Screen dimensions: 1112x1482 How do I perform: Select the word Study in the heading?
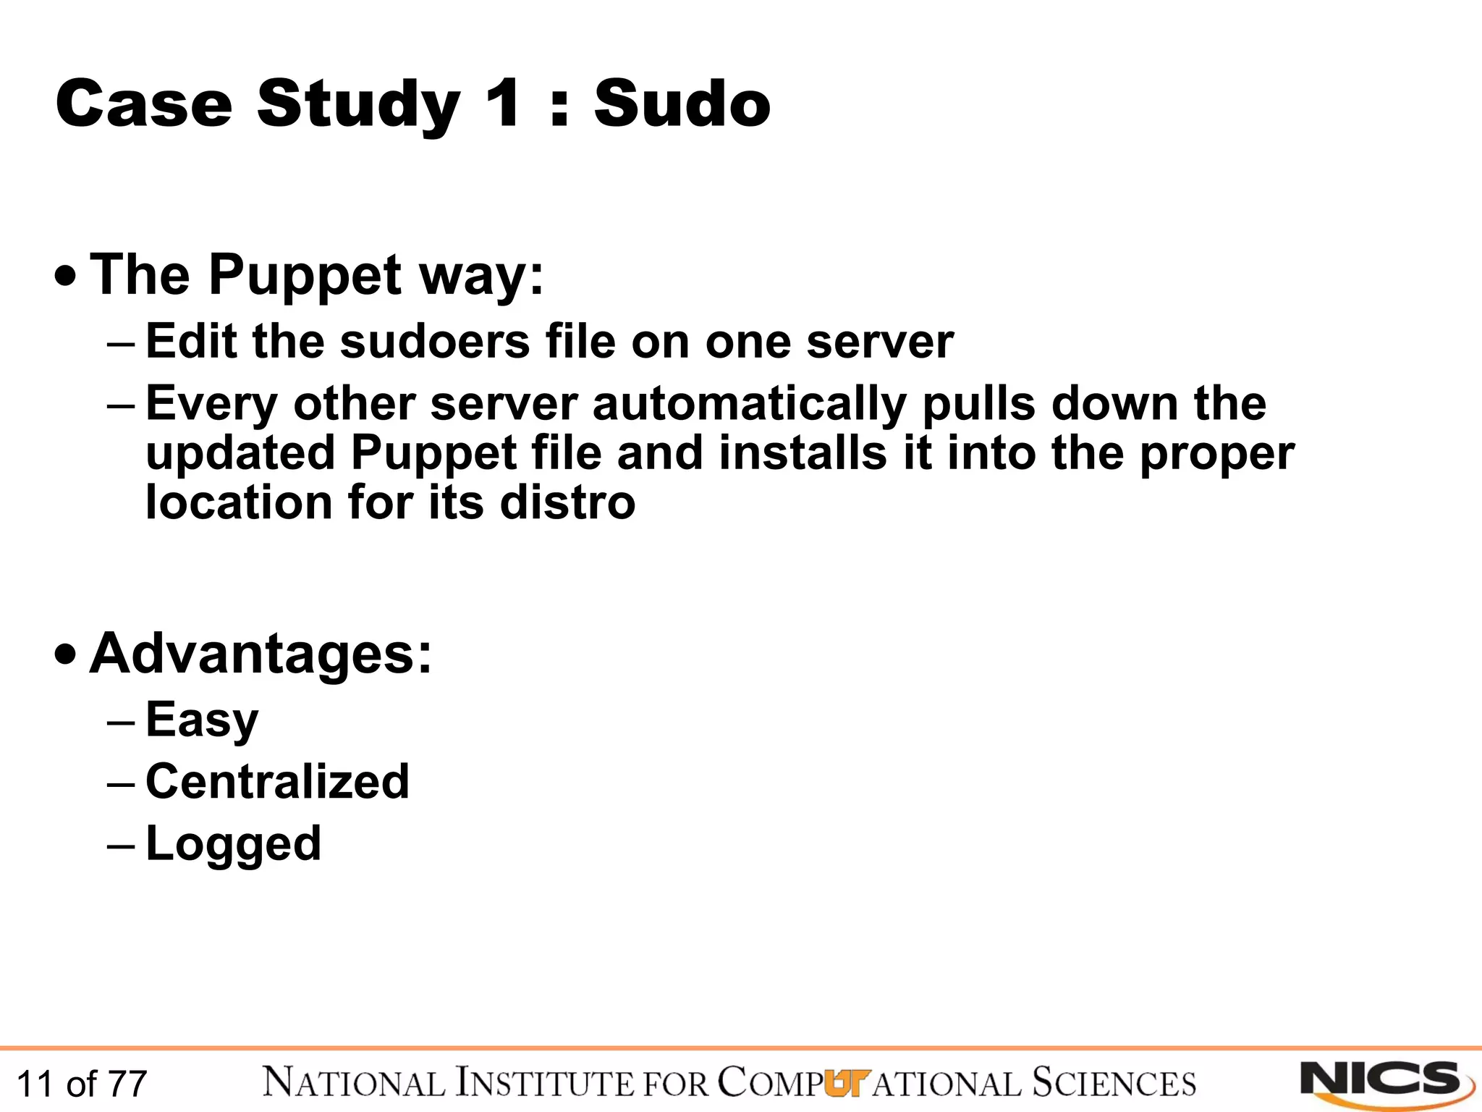(x=358, y=105)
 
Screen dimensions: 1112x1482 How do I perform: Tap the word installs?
(x=803, y=453)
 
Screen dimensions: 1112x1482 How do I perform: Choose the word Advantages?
(x=261, y=654)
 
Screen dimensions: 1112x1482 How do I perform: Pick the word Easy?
(x=202, y=720)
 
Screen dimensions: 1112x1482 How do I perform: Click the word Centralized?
(x=277, y=782)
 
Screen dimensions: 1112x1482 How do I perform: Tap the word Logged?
(x=233, y=844)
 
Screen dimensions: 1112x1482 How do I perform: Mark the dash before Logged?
(x=120, y=845)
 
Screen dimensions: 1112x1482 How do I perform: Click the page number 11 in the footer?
(x=34, y=1084)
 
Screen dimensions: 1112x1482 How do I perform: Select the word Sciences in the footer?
(x=1114, y=1083)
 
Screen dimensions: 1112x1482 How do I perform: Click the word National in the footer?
(x=354, y=1083)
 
